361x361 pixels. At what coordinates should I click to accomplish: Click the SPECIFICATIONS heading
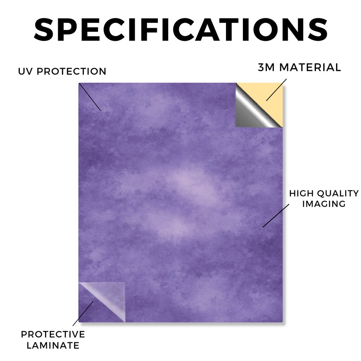[x=181, y=30]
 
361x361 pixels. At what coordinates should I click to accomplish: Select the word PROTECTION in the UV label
[x=71, y=71]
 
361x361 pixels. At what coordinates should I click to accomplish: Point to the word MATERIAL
[x=310, y=67]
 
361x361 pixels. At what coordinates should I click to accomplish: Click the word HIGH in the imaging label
[x=302, y=194]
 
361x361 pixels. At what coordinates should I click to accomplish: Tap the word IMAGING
[x=324, y=204]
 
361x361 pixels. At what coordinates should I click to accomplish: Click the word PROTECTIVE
[x=53, y=334]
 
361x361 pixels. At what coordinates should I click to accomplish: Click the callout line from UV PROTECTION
[x=90, y=97]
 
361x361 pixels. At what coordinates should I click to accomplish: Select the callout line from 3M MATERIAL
[x=276, y=90]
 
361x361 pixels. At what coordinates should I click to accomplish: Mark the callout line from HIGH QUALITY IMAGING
[x=276, y=216]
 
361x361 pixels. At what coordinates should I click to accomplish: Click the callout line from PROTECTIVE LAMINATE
[x=83, y=313]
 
